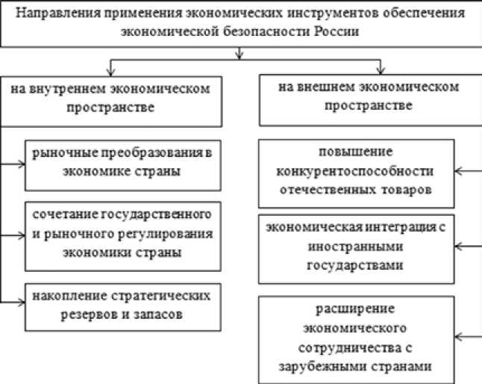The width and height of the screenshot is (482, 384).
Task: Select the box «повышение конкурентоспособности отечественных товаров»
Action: (357, 172)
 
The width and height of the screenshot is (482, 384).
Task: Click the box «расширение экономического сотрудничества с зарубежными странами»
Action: (357, 338)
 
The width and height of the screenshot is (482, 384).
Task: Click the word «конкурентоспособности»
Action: (357, 172)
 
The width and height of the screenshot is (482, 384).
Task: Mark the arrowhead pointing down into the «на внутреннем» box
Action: (111, 70)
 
